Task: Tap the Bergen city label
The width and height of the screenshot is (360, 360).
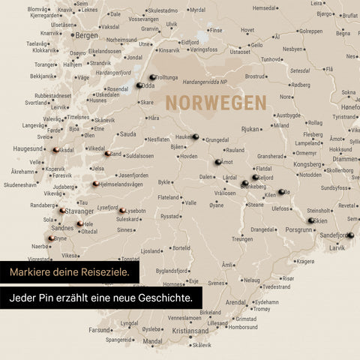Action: [87, 35]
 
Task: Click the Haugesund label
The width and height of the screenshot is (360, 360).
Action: [28, 148]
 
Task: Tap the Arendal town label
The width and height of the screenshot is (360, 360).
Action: [235, 302]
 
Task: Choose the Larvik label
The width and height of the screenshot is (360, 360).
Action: [337, 246]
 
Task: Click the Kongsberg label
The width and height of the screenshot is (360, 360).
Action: [307, 163]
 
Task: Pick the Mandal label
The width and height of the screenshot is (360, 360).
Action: [152, 340]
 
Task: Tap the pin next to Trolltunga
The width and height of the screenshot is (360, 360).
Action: [152, 77]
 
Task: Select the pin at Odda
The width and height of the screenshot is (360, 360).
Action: [139, 85]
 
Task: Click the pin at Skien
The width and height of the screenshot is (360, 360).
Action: [310, 220]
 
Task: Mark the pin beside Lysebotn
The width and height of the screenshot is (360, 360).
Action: [122, 211]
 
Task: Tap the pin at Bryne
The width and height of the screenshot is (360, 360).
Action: [51, 238]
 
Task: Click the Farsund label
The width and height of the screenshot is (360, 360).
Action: [100, 329]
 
